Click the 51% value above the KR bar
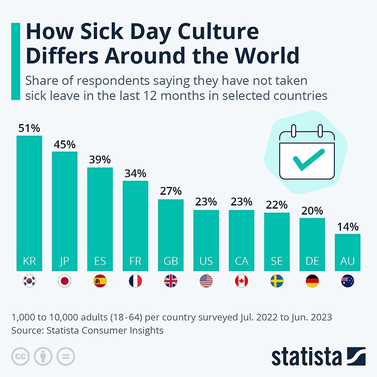coord(29,128)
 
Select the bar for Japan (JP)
coord(65,211)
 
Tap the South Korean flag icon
coord(29,281)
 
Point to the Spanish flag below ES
coord(100,281)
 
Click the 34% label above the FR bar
coord(135,173)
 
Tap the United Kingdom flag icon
coord(171,281)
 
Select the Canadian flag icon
coord(241,281)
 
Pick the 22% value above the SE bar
coord(276,205)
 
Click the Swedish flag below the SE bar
coord(276,281)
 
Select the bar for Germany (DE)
coord(312,244)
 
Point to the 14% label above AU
coord(347,226)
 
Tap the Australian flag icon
coord(347,281)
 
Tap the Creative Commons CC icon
coord(20,356)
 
